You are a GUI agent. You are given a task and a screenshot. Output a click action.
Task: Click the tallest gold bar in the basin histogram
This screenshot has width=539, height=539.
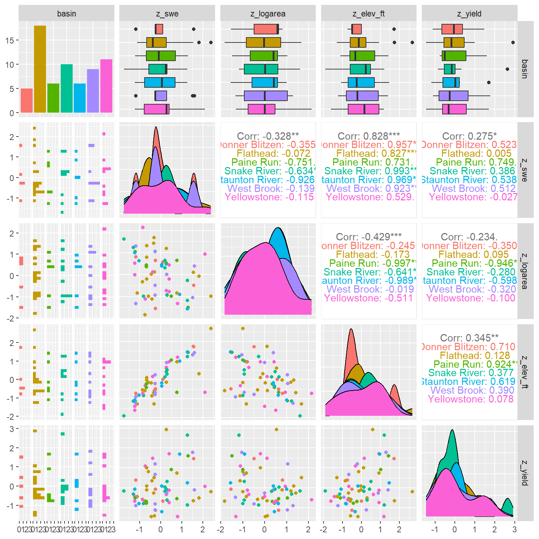40,69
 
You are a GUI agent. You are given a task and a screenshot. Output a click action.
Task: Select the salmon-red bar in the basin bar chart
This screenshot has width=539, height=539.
27,100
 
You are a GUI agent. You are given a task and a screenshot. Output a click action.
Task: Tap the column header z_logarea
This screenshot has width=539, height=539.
268,14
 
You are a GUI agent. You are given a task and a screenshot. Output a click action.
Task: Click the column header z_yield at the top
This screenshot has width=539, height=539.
469,14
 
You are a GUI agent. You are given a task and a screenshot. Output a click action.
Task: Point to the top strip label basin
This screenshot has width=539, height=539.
66,14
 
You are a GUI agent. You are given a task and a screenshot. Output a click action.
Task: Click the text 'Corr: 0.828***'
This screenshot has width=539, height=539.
368,136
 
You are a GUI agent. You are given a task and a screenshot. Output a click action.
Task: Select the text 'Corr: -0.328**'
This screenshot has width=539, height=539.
268,136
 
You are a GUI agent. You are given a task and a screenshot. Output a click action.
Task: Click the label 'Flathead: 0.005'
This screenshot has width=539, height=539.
476,153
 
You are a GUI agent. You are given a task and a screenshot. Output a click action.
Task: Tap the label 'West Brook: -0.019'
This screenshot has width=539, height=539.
370,289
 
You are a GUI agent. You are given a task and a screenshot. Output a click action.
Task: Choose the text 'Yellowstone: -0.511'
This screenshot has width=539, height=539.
368,298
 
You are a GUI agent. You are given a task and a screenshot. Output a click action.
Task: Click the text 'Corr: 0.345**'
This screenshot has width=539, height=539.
469,338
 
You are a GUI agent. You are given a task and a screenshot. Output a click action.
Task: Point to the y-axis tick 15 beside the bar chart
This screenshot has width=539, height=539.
9,40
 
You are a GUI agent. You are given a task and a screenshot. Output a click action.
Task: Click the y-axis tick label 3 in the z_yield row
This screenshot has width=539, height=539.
12,429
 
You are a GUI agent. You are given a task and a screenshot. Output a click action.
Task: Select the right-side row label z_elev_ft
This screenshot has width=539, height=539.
524,372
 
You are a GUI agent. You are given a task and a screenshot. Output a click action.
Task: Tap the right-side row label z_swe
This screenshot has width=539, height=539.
524,170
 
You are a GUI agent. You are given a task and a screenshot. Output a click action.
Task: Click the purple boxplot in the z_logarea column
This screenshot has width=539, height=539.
266,96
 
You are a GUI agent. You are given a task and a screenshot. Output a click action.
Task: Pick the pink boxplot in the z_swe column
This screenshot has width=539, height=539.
157,109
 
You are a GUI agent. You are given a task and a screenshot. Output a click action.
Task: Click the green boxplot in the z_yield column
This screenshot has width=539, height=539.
454,56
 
